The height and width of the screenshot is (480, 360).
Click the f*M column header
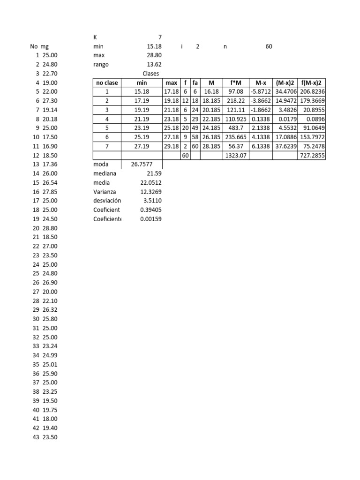coord(236,82)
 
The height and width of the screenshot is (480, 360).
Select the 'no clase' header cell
coord(107,82)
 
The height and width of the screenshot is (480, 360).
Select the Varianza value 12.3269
coord(151,192)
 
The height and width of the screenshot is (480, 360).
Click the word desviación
coord(107,201)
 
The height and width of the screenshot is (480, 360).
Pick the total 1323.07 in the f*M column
coord(236,155)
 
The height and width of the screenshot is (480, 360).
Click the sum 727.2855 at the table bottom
coord(312,155)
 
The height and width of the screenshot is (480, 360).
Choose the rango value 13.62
coord(154,64)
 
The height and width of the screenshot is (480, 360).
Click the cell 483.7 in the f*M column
coord(236,128)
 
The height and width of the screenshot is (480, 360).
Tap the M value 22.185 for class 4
coord(211,119)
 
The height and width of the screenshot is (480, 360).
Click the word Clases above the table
coord(150,74)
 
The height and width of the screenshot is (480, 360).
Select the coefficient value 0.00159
coord(151,219)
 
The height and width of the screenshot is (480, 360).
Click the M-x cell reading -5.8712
coord(261,92)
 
